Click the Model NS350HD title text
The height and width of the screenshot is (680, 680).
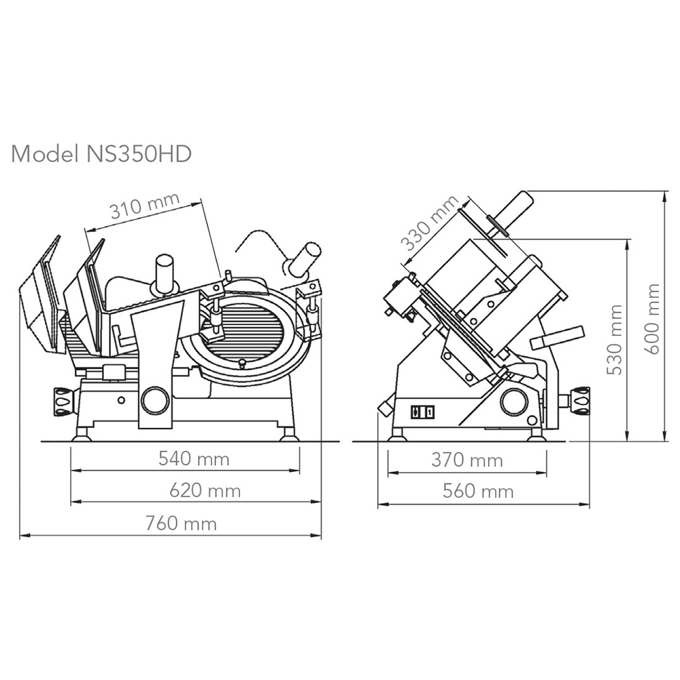(101, 154)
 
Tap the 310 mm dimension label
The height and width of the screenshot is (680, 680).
(144, 205)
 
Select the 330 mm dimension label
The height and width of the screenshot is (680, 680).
(430, 223)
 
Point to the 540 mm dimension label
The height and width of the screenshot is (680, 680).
(194, 458)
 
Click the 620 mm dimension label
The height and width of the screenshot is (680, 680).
(205, 490)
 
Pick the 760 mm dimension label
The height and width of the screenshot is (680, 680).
(181, 524)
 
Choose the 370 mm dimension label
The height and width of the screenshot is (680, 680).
(467, 460)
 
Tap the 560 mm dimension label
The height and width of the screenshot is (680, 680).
(478, 491)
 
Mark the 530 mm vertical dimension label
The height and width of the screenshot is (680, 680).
(614, 339)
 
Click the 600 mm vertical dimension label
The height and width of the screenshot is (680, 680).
(652, 319)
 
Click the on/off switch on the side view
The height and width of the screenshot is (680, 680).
(423, 411)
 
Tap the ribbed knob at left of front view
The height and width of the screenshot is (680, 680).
(63, 402)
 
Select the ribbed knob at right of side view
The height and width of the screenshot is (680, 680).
(579, 401)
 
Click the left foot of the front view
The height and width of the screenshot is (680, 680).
(81, 433)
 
